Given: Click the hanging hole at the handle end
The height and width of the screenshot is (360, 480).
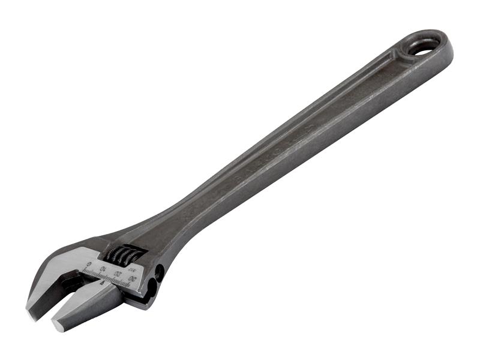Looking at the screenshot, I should [x=424, y=48].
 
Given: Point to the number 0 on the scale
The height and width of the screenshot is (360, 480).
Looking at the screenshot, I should [x=89, y=265].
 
